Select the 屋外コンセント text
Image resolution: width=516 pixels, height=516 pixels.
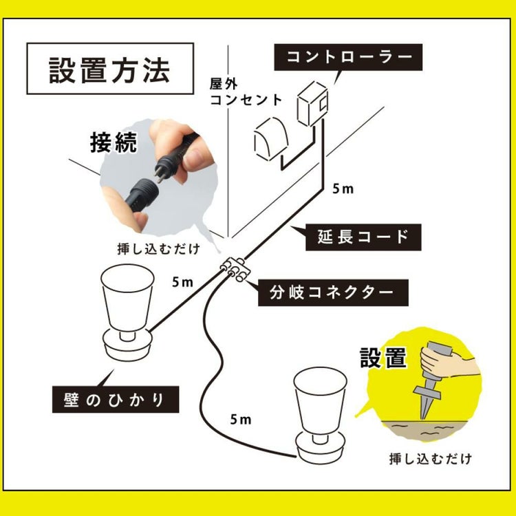click(246, 92)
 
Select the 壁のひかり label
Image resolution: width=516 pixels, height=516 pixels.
click(116, 398)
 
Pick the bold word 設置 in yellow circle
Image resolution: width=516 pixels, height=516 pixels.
click(383, 358)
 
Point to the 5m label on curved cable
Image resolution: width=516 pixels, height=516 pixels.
click(241, 418)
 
